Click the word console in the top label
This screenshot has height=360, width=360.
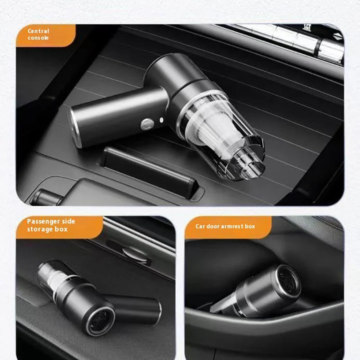click(x=38, y=38)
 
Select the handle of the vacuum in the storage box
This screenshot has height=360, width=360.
click(x=135, y=307)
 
